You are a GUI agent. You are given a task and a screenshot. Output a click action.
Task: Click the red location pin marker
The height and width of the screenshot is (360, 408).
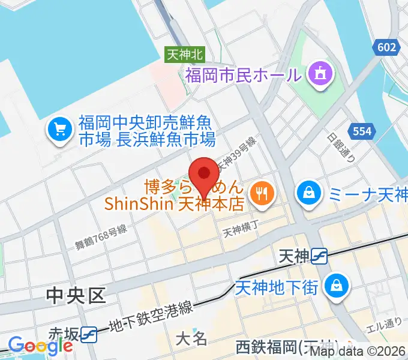pos(204,175)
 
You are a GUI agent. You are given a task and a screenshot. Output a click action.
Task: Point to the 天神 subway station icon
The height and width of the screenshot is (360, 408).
pos(319,257)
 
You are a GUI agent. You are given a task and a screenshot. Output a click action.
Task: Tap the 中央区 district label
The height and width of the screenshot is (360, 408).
pos(76,295)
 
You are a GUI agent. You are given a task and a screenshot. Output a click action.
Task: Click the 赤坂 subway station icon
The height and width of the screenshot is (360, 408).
pos(89,334)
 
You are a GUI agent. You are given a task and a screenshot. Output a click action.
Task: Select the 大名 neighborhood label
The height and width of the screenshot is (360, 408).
pos(191,339)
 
